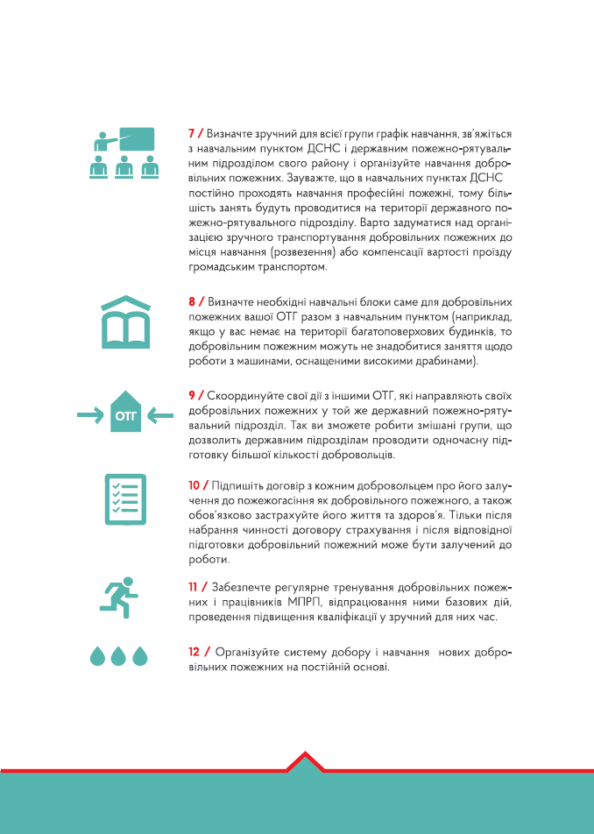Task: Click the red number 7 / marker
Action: coord(196,134)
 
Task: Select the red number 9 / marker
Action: coord(196,395)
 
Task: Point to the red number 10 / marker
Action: coord(199,484)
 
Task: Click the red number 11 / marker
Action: coord(199,586)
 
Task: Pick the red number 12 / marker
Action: coord(200,652)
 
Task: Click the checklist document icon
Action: coord(125,500)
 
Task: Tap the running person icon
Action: coord(121,597)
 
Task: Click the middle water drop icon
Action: coord(118,656)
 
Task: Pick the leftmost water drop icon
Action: coord(97,656)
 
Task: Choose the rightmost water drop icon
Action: coord(140,656)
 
